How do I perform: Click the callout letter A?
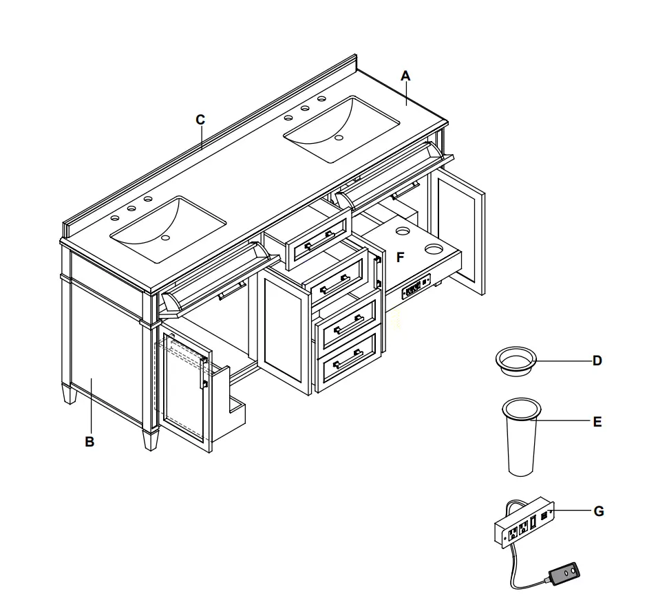(405, 76)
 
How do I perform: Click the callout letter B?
(89, 442)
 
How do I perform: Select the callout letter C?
(200, 119)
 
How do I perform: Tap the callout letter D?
(597, 360)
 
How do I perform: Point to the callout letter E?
(597, 422)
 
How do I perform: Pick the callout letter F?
(400, 257)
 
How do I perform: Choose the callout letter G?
(598, 511)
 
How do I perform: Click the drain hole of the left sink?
(165, 239)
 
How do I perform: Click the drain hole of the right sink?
(339, 138)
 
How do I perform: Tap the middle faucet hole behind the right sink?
(304, 108)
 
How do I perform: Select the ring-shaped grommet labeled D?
(516, 361)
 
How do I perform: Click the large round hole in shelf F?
(434, 246)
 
